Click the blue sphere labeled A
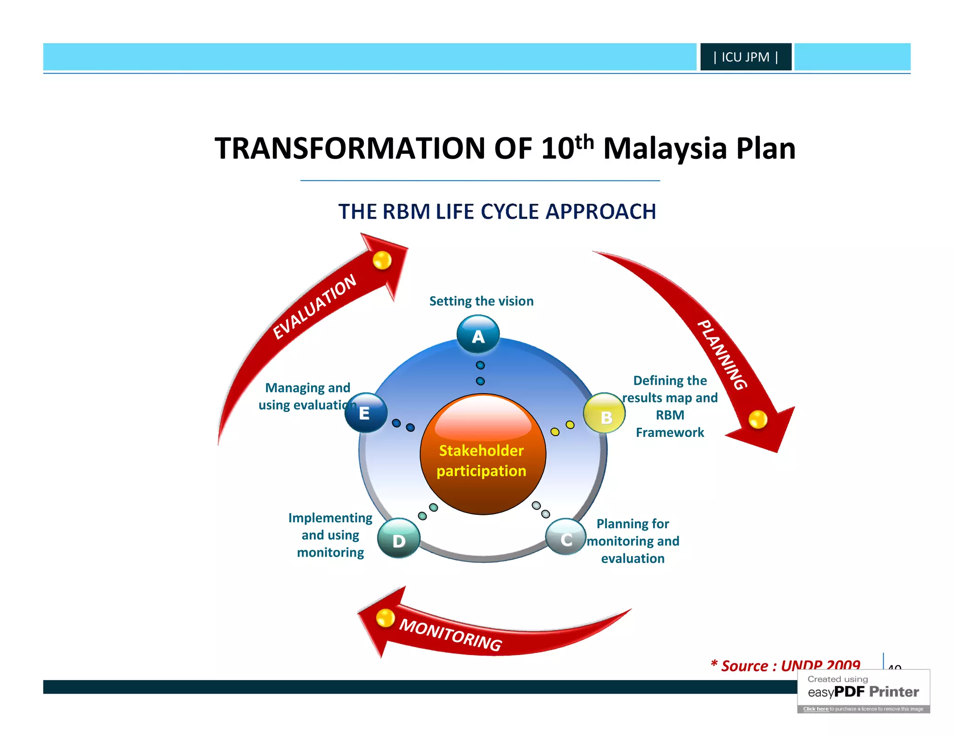tap(478, 334)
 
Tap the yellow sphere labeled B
tap(604, 413)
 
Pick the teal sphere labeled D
tap(399, 539)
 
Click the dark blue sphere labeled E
tap(366, 413)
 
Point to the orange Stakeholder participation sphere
tap(483, 455)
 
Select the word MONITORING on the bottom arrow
tap(450, 635)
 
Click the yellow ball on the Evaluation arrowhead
tap(382, 260)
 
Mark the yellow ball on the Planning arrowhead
tap(758, 419)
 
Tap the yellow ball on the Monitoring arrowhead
tap(385, 618)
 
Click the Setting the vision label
tap(481, 301)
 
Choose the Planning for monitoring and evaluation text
tap(633, 541)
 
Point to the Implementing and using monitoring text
tap(330, 535)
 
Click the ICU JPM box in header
tap(745, 57)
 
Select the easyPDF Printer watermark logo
tap(863, 692)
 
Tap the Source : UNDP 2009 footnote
tap(785, 666)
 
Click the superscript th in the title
tap(584, 142)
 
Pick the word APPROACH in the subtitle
tap(600, 212)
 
